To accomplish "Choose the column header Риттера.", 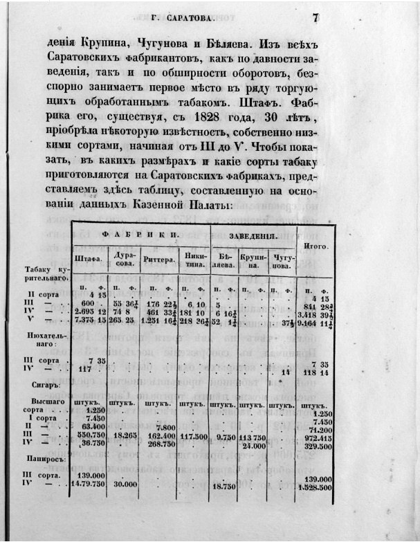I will [158, 261].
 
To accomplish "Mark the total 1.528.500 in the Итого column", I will [314, 488].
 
